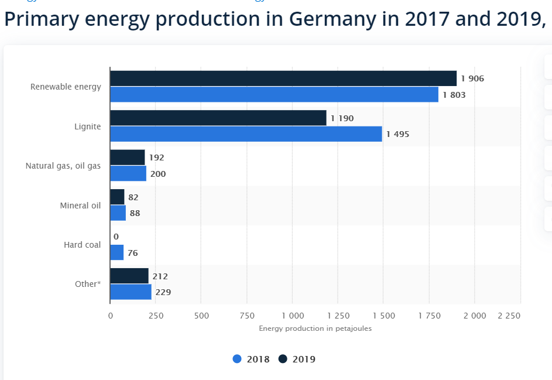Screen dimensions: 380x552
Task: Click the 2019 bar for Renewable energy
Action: tap(283, 78)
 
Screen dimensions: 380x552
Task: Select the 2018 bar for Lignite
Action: tap(246, 134)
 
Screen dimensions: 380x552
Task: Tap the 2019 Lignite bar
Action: tap(218, 118)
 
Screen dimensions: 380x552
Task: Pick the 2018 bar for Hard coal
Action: tap(117, 252)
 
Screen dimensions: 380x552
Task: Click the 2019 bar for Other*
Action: tap(129, 276)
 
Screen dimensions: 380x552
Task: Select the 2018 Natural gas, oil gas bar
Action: tap(128, 173)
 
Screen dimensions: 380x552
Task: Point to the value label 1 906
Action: tap(472, 78)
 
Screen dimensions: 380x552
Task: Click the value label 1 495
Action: tap(397, 134)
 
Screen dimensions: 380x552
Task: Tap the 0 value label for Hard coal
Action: tap(116, 237)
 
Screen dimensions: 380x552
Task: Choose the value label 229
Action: tap(163, 292)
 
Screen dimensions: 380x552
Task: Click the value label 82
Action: tap(133, 197)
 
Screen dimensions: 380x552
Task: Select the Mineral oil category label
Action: tap(80, 206)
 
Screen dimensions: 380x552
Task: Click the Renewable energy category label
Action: tap(66, 87)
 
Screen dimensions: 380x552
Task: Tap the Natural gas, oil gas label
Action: tap(63, 166)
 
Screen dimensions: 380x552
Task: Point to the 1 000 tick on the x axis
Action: tap(292, 316)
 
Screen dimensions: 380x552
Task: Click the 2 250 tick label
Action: tap(509, 316)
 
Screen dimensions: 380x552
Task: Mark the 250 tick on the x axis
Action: tap(155, 316)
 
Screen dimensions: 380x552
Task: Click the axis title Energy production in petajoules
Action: tap(315, 328)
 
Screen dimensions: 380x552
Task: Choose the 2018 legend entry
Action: tap(251, 359)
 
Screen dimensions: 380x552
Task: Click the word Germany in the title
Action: tap(332, 19)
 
